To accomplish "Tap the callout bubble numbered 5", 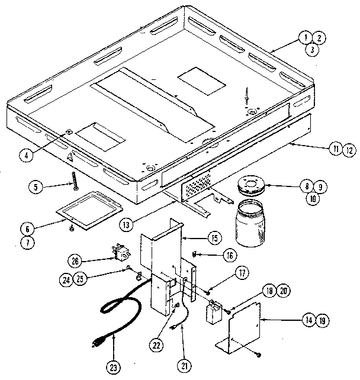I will pyautogui.click(x=36, y=188).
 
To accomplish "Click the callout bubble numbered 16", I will pyautogui.click(x=230, y=255).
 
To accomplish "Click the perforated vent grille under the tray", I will pyautogui.click(x=197, y=188).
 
